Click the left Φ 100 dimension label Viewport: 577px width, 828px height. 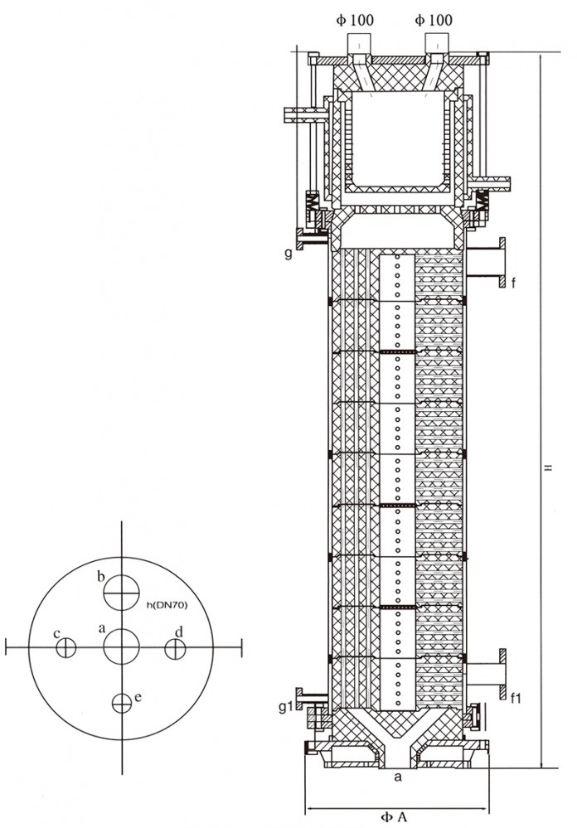355,20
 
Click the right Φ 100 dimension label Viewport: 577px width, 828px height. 434,20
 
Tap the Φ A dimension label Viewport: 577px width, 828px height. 394,816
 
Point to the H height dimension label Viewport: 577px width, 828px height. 549,467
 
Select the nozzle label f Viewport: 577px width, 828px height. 513,283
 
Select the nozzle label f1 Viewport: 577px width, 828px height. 516,698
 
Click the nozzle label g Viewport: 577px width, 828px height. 288,253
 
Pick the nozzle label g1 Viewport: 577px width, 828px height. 286,706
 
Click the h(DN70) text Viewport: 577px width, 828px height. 167,604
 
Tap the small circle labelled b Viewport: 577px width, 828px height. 121,593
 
